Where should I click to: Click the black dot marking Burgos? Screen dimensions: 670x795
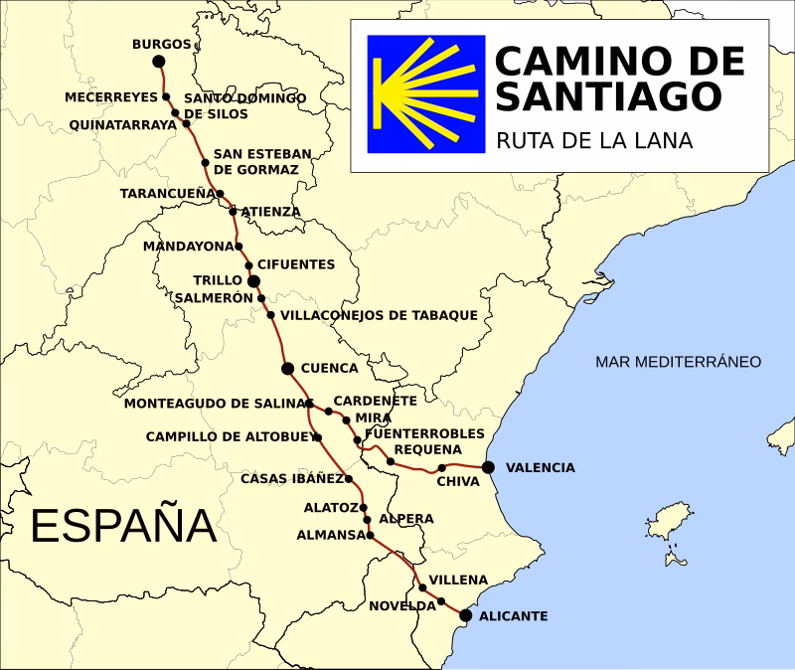click(158, 62)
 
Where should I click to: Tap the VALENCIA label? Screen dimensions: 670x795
click(540, 467)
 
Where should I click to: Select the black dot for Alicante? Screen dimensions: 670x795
click(465, 615)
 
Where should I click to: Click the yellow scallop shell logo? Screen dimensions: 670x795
click(425, 94)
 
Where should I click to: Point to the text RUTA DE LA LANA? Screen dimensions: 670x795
click(593, 141)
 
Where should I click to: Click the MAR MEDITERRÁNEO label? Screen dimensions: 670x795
click(678, 362)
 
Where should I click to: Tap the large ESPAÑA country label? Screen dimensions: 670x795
click(123, 525)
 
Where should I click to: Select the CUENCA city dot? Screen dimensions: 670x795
click(287, 369)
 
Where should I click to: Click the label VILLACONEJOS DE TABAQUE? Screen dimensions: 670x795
click(379, 315)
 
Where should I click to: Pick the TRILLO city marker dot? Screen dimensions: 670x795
click(253, 281)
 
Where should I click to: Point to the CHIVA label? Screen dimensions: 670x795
click(458, 482)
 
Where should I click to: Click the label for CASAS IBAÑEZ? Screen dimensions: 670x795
click(292, 479)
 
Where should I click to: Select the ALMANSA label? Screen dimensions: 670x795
click(331, 535)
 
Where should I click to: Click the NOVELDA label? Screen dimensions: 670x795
click(402, 605)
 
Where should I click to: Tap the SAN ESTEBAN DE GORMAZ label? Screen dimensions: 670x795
click(262, 162)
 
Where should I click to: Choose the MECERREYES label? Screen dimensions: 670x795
click(111, 97)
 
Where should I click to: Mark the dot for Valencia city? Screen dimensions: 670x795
click(487, 467)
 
